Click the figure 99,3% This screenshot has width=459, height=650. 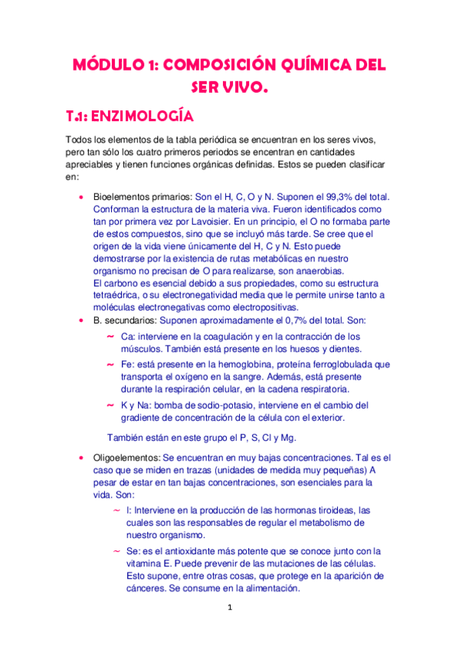coord(354,195)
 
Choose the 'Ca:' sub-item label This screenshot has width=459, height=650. coord(128,336)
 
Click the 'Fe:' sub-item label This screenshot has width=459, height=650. coord(128,365)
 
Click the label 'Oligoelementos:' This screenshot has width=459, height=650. coord(126,458)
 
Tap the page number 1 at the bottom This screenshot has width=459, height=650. coord(229,610)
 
